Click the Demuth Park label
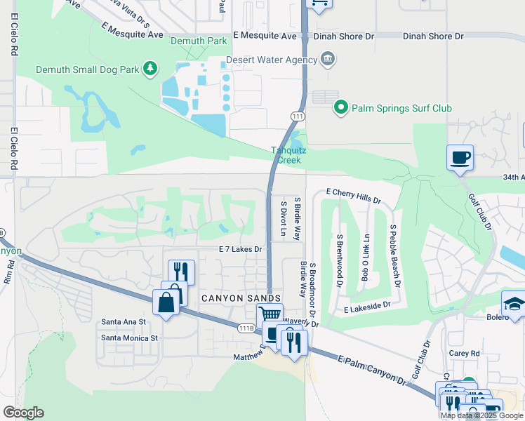[x=199, y=41]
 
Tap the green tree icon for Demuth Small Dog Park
[x=149, y=68]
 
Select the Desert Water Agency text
[x=272, y=60]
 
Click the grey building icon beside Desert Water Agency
[x=328, y=60]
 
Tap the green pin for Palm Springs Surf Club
[x=340, y=108]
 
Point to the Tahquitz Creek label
[x=286, y=154]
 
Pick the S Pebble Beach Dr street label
[x=394, y=256]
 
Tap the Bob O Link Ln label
[x=364, y=257]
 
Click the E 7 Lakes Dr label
[x=240, y=249]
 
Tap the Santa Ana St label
[x=123, y=321]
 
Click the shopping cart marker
[x=270, y=315]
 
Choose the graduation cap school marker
[x=514, y=303]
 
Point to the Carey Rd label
[x=465, y=354]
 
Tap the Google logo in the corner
[x=23, y=413]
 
